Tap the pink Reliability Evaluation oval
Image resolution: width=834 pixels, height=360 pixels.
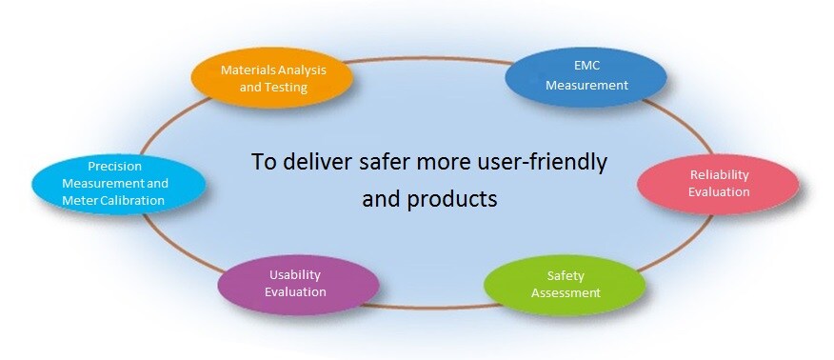click(719, 183)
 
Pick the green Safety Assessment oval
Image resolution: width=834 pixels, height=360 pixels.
click(565, 284)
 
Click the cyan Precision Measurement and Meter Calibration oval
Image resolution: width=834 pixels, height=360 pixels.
click(118, 182)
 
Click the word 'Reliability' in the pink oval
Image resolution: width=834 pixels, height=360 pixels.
click(720, 174)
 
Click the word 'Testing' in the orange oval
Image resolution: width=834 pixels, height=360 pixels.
click(287, 87)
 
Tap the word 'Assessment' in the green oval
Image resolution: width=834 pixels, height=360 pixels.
click(566, 292)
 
